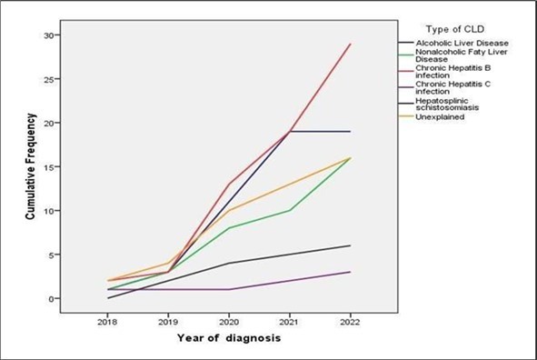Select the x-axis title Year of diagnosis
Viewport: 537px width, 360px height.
tap(229, 339)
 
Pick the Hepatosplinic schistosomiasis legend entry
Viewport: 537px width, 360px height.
tap(451, 105)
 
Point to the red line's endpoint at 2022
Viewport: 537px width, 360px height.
tap(351, 44)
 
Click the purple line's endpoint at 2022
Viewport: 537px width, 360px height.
tap(351, 272)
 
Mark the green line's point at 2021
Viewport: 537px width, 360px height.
tap(290, 210)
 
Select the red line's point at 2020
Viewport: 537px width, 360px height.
tap(230, 184)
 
